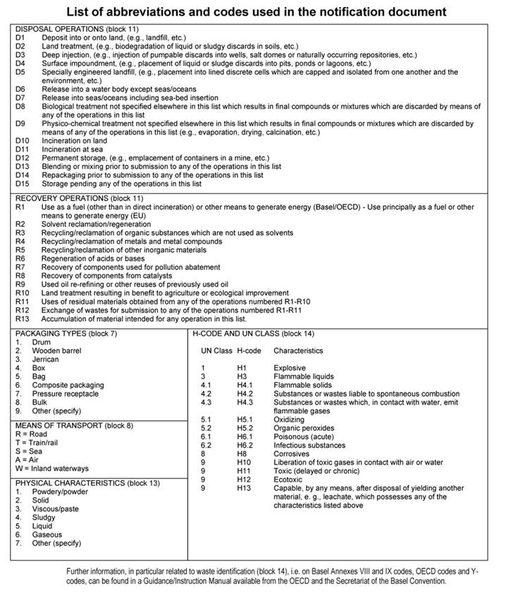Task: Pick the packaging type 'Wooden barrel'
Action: (x=56, y=350)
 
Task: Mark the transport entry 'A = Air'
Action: (x=27, y=460)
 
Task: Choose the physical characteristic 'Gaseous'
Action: (x=47, y=534)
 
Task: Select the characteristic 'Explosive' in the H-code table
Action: (x=291, y=367)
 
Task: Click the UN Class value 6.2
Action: (x=206, y=445)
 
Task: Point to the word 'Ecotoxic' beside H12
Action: (x=288, y=479)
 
